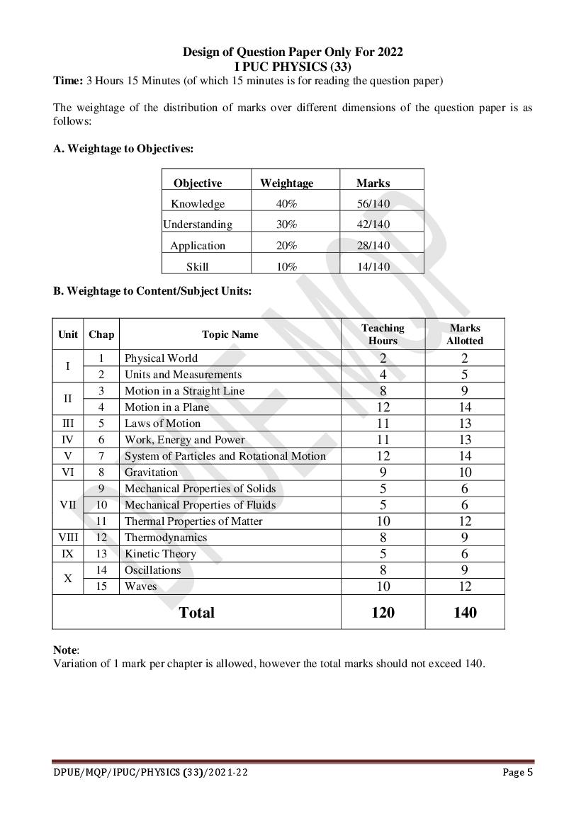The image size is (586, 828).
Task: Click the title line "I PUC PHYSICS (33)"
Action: click(293, 67)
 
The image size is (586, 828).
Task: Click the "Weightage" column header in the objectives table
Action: click(286, 183)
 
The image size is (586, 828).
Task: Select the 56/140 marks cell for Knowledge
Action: click(373, 204)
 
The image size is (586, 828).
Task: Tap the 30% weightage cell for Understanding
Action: click(286, 225)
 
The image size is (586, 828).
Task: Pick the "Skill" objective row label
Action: click(197, 267)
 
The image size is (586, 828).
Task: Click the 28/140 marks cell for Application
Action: click(373, 246)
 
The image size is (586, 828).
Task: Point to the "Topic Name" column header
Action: click(230, 334)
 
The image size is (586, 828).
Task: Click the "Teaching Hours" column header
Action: click(383, 334)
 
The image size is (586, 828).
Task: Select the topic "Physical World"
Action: click(161, 358)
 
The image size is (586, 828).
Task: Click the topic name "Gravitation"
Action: click(151, 472)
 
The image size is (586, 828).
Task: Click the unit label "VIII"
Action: click(68, 538)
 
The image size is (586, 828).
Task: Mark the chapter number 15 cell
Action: click(101, 586)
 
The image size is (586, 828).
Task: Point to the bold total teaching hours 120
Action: click(383, 612)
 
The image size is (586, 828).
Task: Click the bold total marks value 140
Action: click(465, 612)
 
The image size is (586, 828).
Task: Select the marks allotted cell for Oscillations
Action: click(465, 570)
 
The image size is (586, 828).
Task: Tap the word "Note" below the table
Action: click(66, 650)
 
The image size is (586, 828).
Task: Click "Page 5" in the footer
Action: click(517, 772)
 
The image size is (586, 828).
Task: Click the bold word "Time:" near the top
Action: click(68, 81)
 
